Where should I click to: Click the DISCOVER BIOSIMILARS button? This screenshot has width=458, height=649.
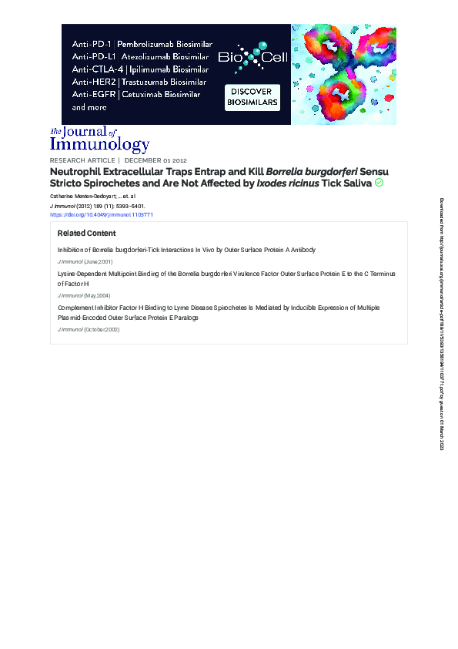coord(252,97)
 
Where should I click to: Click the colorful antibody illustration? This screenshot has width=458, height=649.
coord(343,74)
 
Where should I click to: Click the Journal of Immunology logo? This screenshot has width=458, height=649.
coord(99,139)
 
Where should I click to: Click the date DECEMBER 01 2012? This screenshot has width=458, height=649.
coord(155,160)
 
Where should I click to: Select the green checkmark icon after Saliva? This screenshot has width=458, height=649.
coord(379,183)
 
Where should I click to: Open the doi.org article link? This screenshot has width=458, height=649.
coord(102,215)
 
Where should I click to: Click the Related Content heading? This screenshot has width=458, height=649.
coord(86,233)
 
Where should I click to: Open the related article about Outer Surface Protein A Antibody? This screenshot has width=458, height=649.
coord(186,251)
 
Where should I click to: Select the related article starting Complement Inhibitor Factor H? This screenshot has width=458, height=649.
coord(218,308)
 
